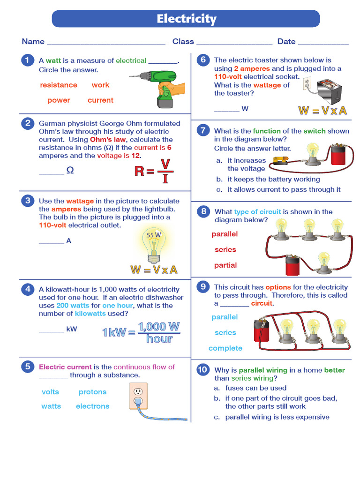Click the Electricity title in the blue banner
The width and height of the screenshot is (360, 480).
pos(186,19)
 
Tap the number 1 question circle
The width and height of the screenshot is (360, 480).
pos(28,60)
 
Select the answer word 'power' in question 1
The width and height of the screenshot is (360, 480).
pos(59,100)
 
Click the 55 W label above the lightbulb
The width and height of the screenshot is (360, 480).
pos(154,235)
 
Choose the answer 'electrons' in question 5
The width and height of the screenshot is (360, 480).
pos(92,406)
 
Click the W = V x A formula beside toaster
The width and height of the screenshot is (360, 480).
pos(322,111)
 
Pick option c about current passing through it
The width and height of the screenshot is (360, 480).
pos(284,190)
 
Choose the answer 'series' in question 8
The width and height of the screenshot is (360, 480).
pos(225,250)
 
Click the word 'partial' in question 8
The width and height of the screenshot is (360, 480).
pos(225,265)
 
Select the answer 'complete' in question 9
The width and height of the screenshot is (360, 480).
pos(225,348)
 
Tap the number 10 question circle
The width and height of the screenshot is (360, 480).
pos(202,370)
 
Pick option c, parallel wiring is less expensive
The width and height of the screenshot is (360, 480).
pos(277,417)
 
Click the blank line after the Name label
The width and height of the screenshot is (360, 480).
pos(106,42)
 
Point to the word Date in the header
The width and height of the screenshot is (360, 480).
pos(286,42)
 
